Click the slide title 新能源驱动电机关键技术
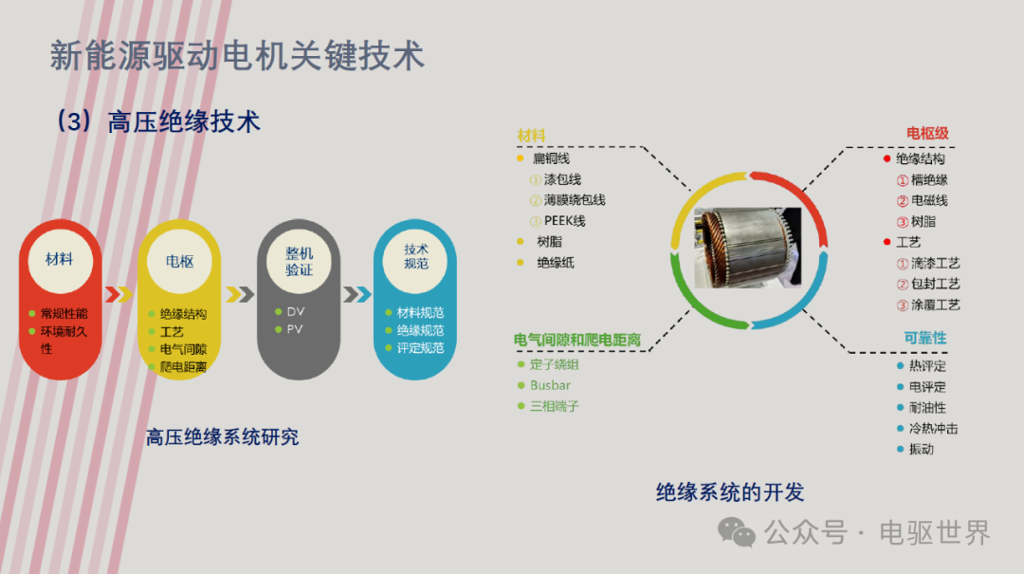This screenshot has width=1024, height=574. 237,56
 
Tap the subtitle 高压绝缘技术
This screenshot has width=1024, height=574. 184,121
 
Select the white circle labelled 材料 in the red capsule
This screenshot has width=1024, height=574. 60,260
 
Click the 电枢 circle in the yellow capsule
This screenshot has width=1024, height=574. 179,262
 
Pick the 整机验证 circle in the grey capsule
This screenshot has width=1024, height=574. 299,262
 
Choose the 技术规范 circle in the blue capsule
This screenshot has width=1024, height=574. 416,257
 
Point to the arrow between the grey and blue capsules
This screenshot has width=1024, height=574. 357,294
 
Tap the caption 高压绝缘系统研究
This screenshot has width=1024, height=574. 222,436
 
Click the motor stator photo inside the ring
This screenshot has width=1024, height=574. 748,249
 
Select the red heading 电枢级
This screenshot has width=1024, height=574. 927,134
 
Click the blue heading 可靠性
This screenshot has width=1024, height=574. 924,338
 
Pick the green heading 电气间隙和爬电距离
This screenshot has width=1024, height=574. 576,340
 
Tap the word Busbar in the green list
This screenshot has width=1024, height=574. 551,385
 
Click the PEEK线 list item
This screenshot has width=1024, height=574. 564,221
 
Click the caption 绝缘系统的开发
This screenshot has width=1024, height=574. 730,492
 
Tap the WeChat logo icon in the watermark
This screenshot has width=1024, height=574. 736,532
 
